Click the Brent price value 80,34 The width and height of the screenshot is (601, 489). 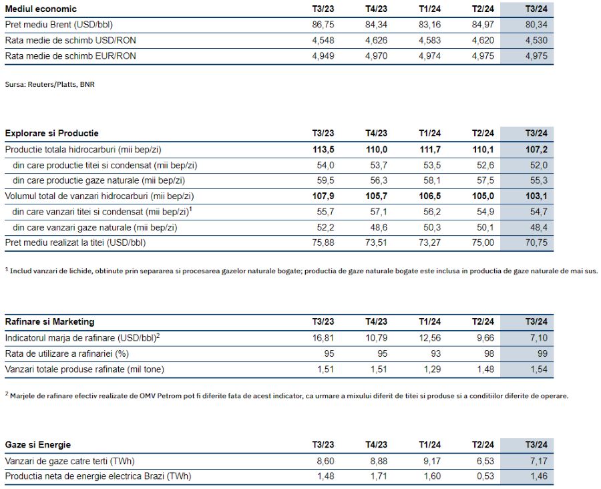coord(536,25)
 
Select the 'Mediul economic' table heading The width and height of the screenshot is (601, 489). coord(41,9)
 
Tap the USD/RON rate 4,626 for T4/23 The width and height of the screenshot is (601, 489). coord(377,40)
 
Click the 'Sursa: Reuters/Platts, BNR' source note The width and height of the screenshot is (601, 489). coord(49,85)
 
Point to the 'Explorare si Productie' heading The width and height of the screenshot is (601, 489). coord(51,133)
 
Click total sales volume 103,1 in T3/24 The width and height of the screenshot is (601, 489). coord(536,196)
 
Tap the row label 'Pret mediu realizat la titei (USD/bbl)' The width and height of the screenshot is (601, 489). coord(75,242)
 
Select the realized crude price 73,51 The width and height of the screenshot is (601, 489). coord(377,242)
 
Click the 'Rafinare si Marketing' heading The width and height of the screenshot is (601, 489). coord(49,321)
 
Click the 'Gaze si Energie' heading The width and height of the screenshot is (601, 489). coord(37,444)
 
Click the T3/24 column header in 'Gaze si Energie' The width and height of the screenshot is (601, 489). coord(536,444)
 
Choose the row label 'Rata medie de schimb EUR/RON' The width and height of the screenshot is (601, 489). coord(70,56)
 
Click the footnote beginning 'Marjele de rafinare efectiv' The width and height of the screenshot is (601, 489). coord(287,395)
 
